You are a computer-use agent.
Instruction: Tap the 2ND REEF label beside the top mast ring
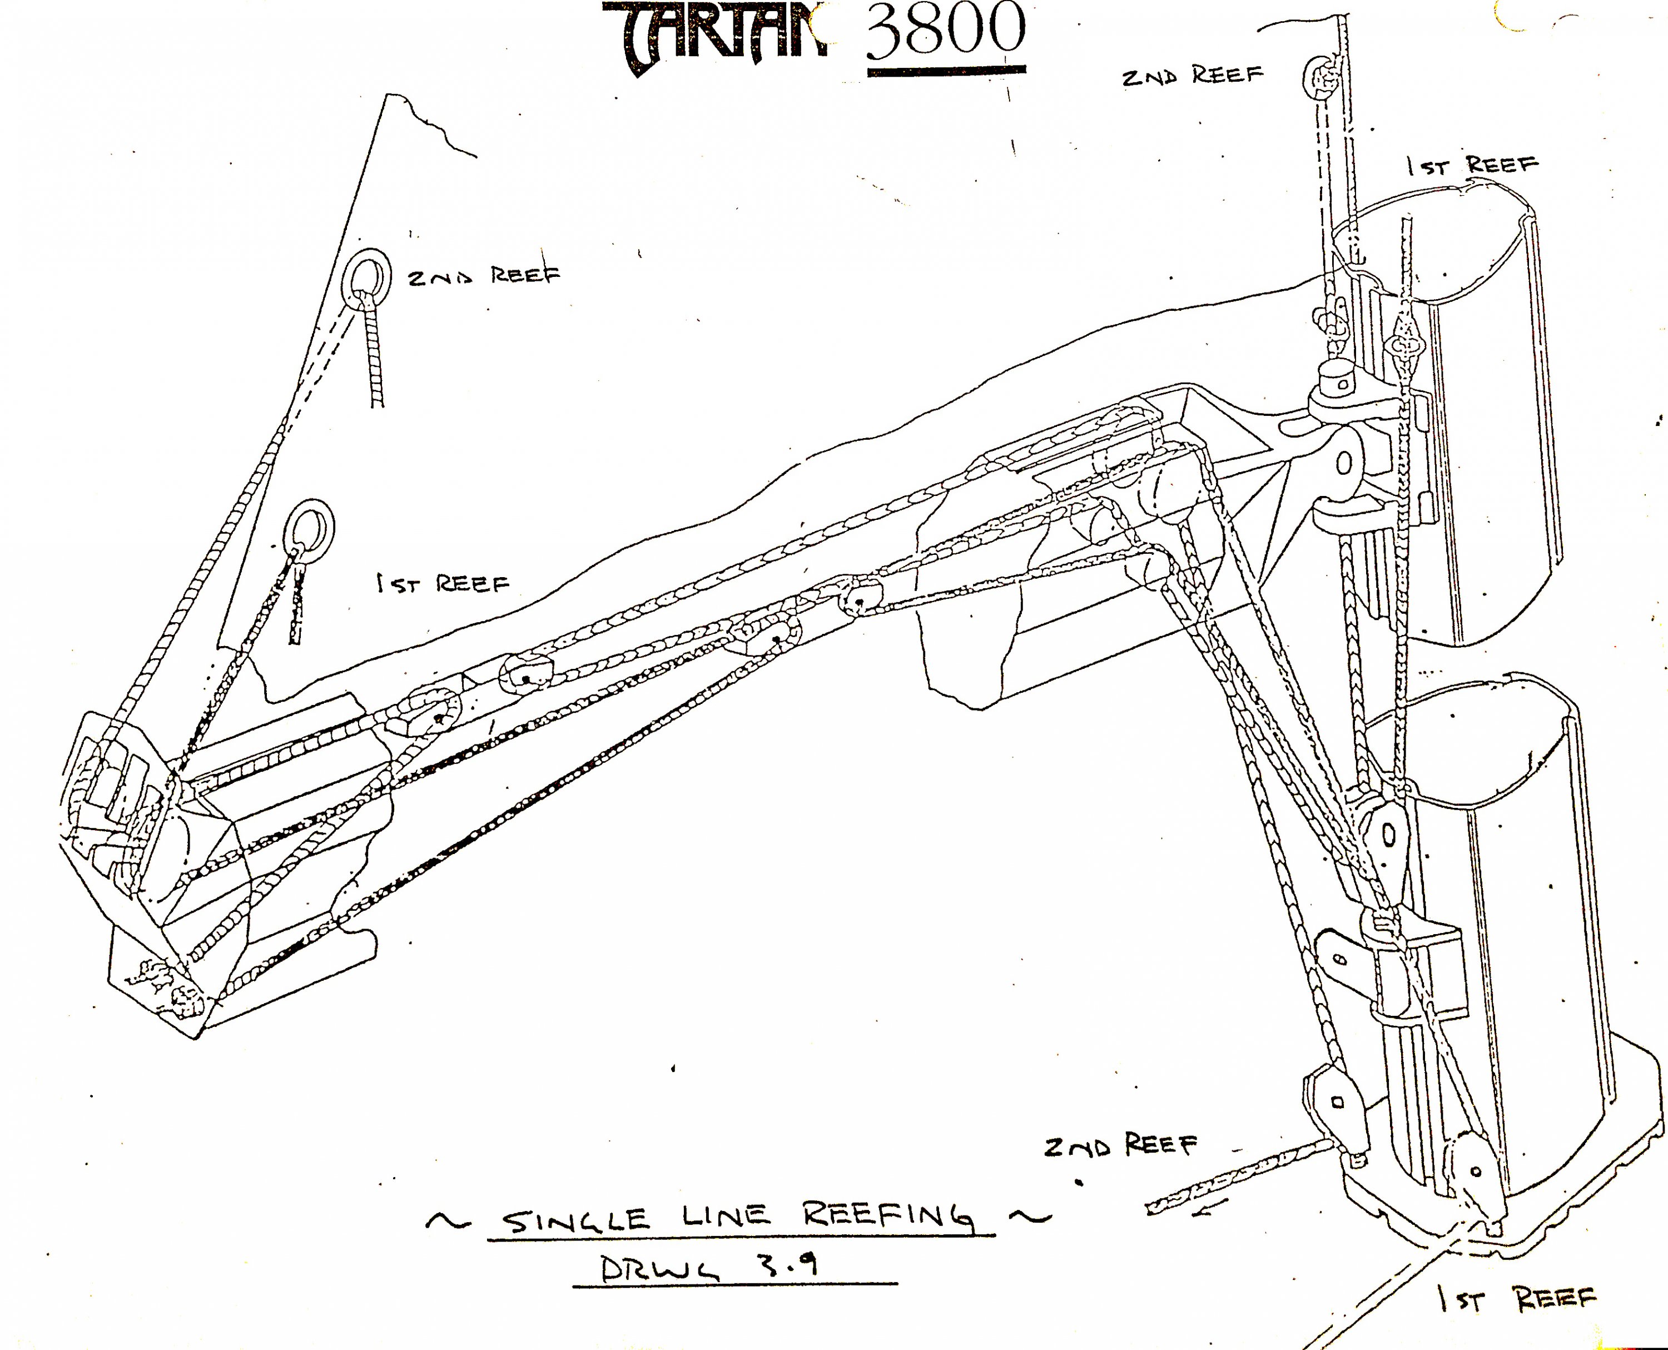1192,76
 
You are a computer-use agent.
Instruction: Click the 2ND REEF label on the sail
484,276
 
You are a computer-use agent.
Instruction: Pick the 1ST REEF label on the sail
443,583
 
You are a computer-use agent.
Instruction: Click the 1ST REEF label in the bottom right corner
1516,1299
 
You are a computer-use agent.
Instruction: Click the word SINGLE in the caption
575,1219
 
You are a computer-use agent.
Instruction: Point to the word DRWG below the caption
661,1270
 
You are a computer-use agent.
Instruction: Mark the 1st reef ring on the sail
310,525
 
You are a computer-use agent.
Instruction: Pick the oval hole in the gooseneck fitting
1344,464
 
